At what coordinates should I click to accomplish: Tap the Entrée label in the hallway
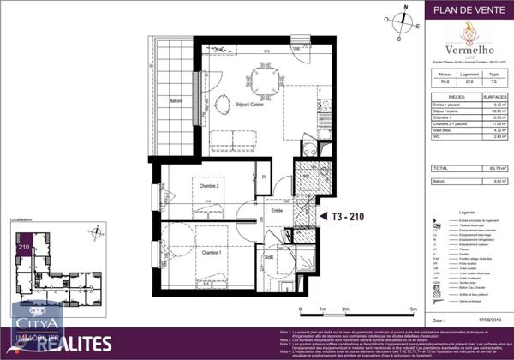click(278, 209)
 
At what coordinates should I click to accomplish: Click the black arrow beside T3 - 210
click(323, 218)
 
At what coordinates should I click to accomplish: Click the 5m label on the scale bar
click(412, 309)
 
